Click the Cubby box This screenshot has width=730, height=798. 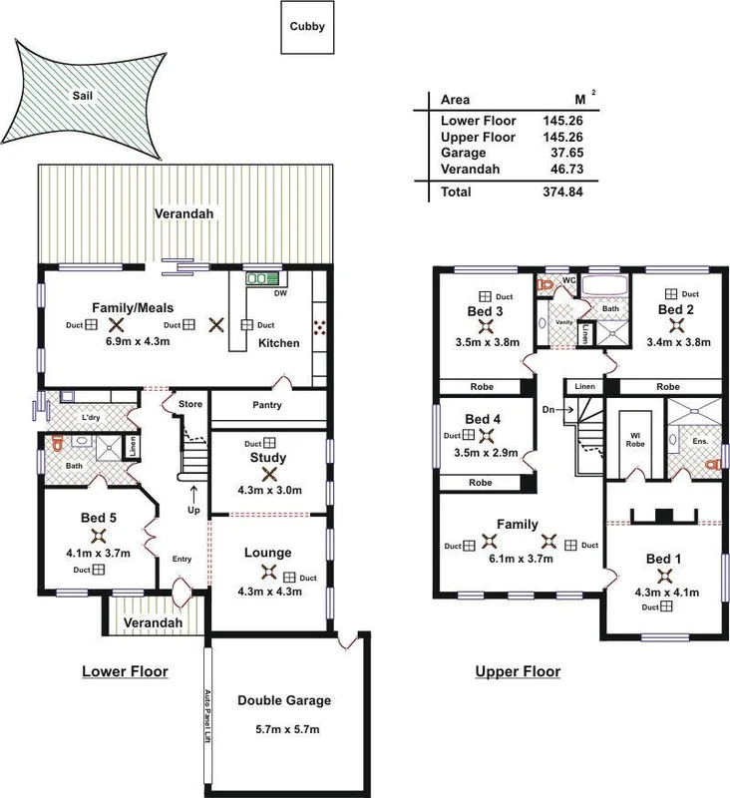(x=307, y=27)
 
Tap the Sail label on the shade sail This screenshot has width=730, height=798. (x=82, y=96)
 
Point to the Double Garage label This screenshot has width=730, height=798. (x=284, y=700)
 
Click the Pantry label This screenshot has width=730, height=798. (x=268, y=405)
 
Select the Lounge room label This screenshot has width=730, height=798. (x=267, y=552)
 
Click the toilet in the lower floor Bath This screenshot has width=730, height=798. (x=57, y=440)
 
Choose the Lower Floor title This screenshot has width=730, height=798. (x=124, y=671)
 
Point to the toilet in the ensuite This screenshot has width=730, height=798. (x=710, y=464)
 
